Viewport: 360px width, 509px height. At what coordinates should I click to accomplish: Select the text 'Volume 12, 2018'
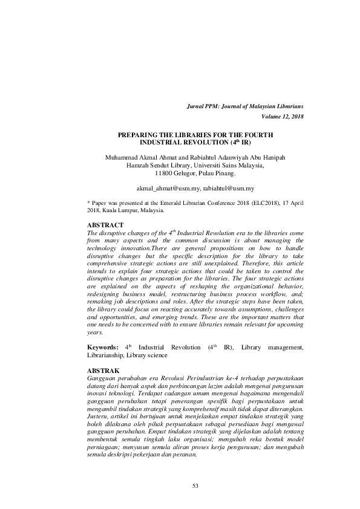[x=283, y=115]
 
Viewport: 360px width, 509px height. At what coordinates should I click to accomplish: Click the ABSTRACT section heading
[x=105, y=225]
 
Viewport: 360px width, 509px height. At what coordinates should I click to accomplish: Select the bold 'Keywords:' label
[x=103, y=347]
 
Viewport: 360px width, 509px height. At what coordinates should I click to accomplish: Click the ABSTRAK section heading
[x=104, y=369]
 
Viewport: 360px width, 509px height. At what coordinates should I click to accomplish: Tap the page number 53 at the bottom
[x=195, y=486]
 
